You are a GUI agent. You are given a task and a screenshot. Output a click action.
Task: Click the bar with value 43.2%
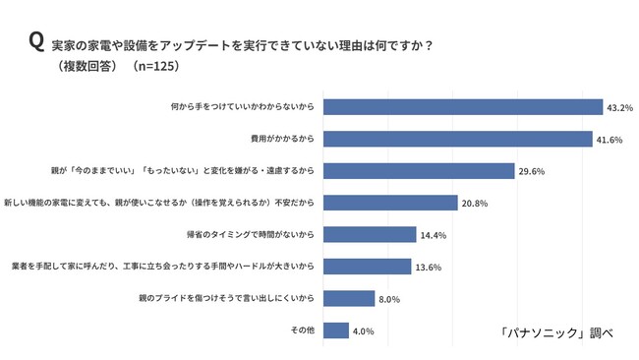(463, 107)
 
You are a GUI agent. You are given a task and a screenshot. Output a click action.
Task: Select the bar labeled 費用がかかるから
(458, 139)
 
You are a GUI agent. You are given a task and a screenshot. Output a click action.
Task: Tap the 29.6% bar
(419, 171)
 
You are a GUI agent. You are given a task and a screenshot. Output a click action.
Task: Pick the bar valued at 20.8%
(390, 203)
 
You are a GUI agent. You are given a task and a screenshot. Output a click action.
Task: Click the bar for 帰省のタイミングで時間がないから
(370, 234)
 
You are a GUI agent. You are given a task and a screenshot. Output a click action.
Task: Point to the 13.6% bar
(368, 267)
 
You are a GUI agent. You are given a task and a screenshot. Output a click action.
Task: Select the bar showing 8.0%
(349, 298)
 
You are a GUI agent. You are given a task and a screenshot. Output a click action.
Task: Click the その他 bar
(336, 330)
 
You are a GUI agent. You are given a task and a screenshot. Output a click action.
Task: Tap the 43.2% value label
(620, 108)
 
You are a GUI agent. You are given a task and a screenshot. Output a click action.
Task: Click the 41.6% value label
(610, 140)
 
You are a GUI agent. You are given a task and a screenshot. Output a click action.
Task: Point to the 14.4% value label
(434, 235)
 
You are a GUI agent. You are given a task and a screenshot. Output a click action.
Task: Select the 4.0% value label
(363, 331)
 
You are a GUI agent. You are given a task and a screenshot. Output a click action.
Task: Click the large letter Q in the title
(36, 42)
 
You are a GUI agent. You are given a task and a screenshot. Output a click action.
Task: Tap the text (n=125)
(155, 66)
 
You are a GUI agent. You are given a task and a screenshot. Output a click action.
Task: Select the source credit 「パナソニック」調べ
(556, 332)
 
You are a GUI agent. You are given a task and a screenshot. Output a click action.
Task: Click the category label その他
(303, 330)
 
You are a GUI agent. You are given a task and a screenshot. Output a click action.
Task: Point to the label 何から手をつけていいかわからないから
(243, 107)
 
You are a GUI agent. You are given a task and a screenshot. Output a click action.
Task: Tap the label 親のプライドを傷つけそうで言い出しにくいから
(226, 298)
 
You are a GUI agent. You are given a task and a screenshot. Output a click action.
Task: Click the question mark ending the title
(428, 45)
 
